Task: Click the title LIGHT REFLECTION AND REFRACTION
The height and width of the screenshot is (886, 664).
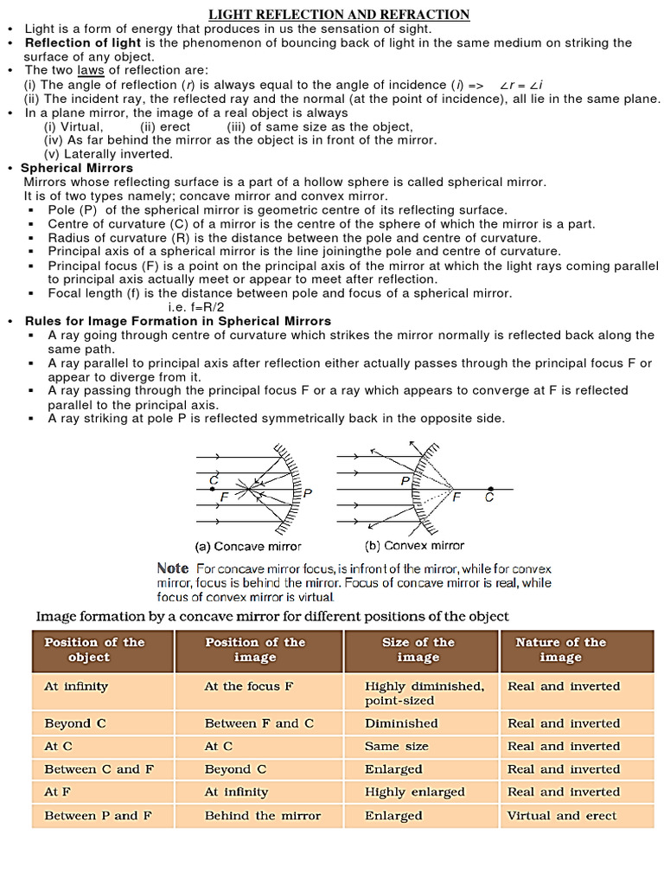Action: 339,14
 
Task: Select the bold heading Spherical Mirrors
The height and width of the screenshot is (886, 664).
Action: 77,168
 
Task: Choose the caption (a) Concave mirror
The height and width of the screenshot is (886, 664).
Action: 247,546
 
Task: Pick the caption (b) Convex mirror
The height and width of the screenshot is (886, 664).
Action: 414,545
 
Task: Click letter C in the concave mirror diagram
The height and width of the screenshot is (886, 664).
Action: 214,479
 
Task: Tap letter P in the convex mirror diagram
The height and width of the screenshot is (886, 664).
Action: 405,480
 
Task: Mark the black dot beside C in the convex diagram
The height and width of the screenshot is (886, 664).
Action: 490,489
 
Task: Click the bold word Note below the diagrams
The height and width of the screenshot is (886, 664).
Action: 172,568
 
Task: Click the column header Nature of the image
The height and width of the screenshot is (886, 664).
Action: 560,650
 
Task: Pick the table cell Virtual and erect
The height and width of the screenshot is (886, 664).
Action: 562,815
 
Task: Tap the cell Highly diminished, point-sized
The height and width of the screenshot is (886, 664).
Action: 424,693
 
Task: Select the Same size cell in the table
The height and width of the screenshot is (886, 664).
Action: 396,746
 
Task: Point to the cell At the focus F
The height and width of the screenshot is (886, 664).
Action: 249,686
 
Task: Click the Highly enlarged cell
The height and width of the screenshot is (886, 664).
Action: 414,792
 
